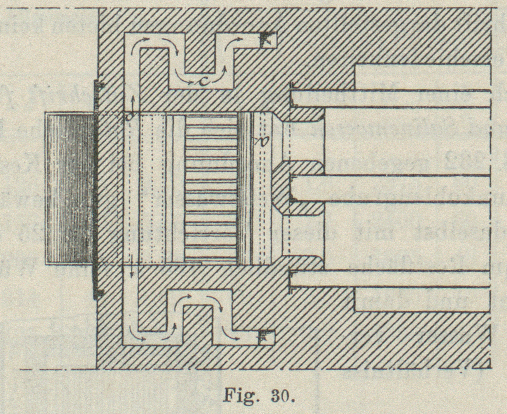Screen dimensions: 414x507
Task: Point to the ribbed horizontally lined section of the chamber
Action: [210, 188]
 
